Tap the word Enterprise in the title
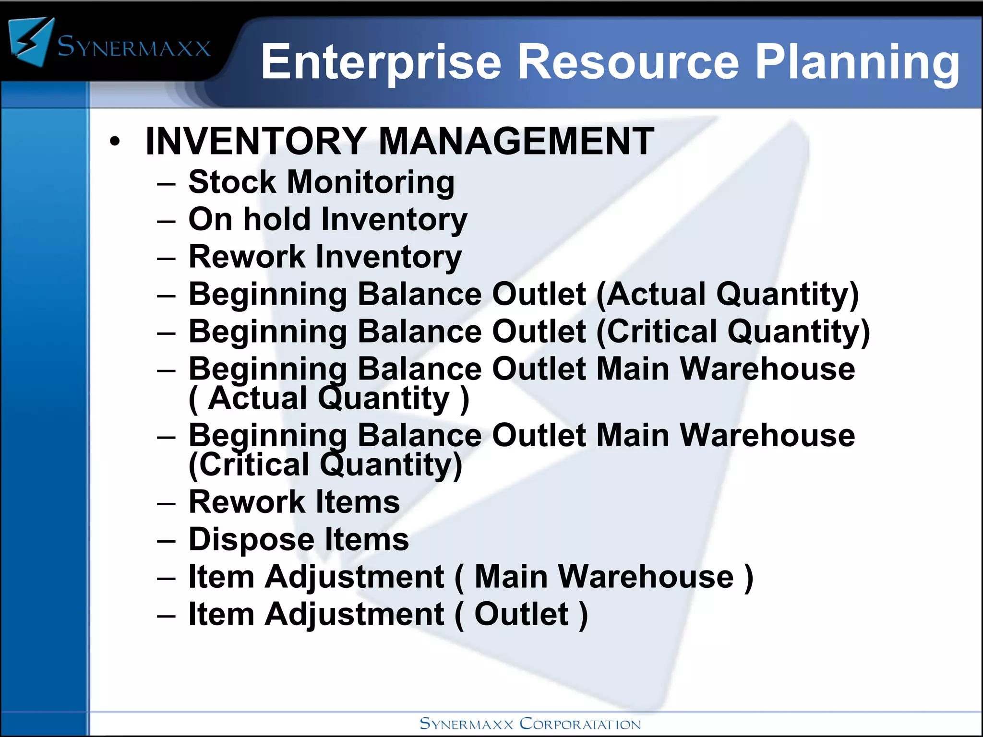381,62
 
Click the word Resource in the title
629,62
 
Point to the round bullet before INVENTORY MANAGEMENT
114,142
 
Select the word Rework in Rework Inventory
247,257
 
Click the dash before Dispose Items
166,541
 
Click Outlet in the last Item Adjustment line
521,614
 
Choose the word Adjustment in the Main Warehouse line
354,577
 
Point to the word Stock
232,182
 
